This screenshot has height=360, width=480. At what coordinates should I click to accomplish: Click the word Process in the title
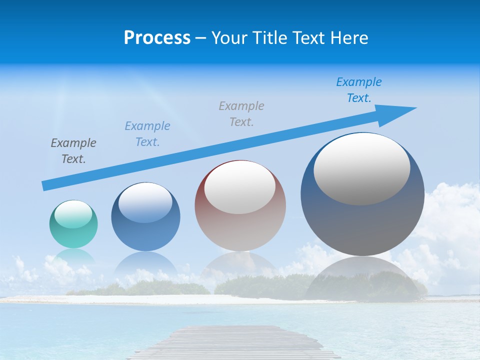[157, 38]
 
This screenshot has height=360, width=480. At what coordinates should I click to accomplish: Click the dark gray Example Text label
[73, 151]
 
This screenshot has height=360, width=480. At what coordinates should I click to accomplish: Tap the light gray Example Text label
[241, 113]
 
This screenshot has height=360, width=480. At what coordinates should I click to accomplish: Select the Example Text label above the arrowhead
[359, 90]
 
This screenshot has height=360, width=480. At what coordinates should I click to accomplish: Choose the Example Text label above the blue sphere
[147, 134]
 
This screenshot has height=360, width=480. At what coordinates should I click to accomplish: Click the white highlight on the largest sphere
[362, 168]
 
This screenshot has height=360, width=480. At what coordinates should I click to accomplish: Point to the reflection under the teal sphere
[73, 257]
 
